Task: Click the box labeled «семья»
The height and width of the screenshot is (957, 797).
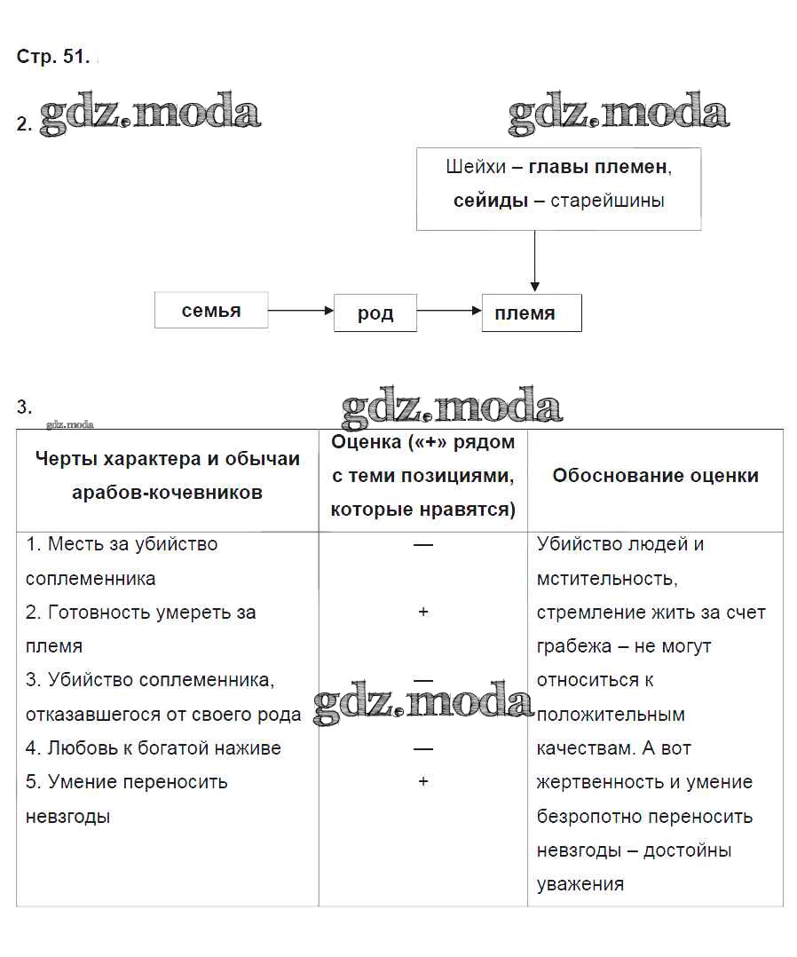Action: coord(211,311)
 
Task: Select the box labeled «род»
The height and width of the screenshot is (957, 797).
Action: coord(375,313)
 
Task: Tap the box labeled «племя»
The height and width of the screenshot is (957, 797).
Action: coord(531,313)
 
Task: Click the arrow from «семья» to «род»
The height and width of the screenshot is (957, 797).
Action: coord(300,311)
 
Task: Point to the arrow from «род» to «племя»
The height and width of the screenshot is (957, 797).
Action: coord(449,311)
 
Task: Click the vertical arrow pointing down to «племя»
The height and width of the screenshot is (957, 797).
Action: coord(534,262)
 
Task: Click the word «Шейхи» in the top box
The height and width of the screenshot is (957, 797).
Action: coord(476,167)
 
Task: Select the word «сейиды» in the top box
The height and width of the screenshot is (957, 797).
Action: coord(491,201)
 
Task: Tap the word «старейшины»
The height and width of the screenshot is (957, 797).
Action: coord(607,201)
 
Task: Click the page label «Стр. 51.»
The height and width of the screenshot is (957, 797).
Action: coord(52,57)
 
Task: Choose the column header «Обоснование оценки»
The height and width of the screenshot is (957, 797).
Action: coord(655,476)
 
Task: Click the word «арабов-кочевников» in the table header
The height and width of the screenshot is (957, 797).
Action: coord(167,493)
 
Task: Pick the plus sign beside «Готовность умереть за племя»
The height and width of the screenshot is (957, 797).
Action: coord(423,613)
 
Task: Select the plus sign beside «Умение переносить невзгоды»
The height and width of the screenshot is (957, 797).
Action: coord(423,782)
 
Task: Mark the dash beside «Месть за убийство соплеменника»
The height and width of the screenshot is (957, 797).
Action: coord(423,544)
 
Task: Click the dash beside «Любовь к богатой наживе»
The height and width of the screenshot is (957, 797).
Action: coord(423,748)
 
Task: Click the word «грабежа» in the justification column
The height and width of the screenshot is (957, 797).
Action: coord(572,646)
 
